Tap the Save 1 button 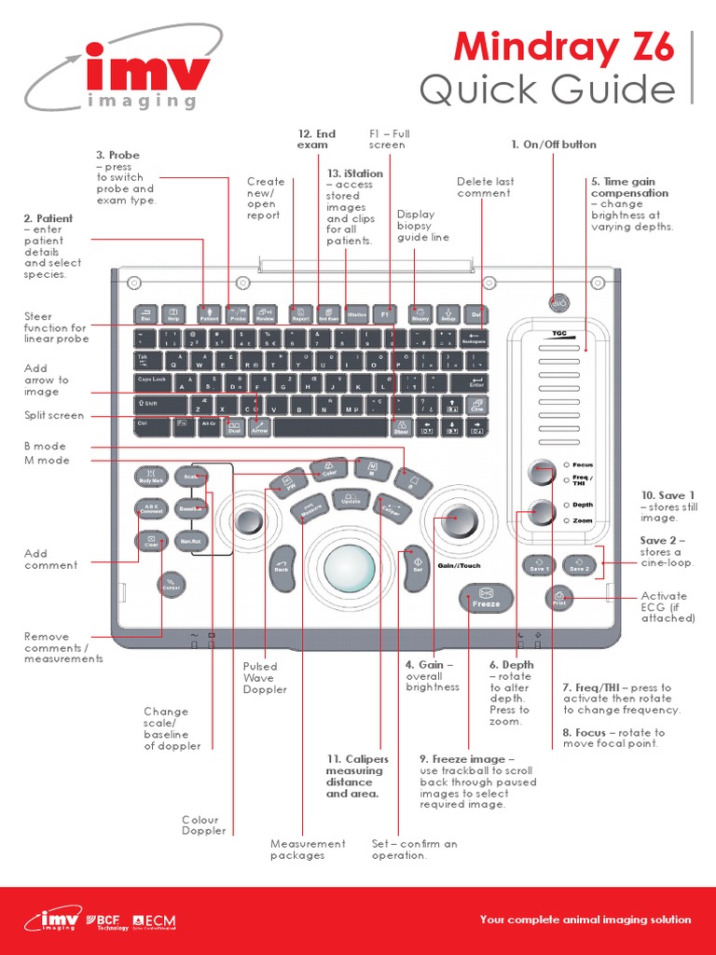pos(539,564)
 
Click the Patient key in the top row pos(208,314)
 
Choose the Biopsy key pos(419,314)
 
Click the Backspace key pos(475,339)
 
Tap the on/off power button pos(558,303)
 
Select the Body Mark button pos(151,477)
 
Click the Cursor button pos(170,585)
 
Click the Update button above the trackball pos(351,501)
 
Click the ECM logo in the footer pos(155,921)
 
